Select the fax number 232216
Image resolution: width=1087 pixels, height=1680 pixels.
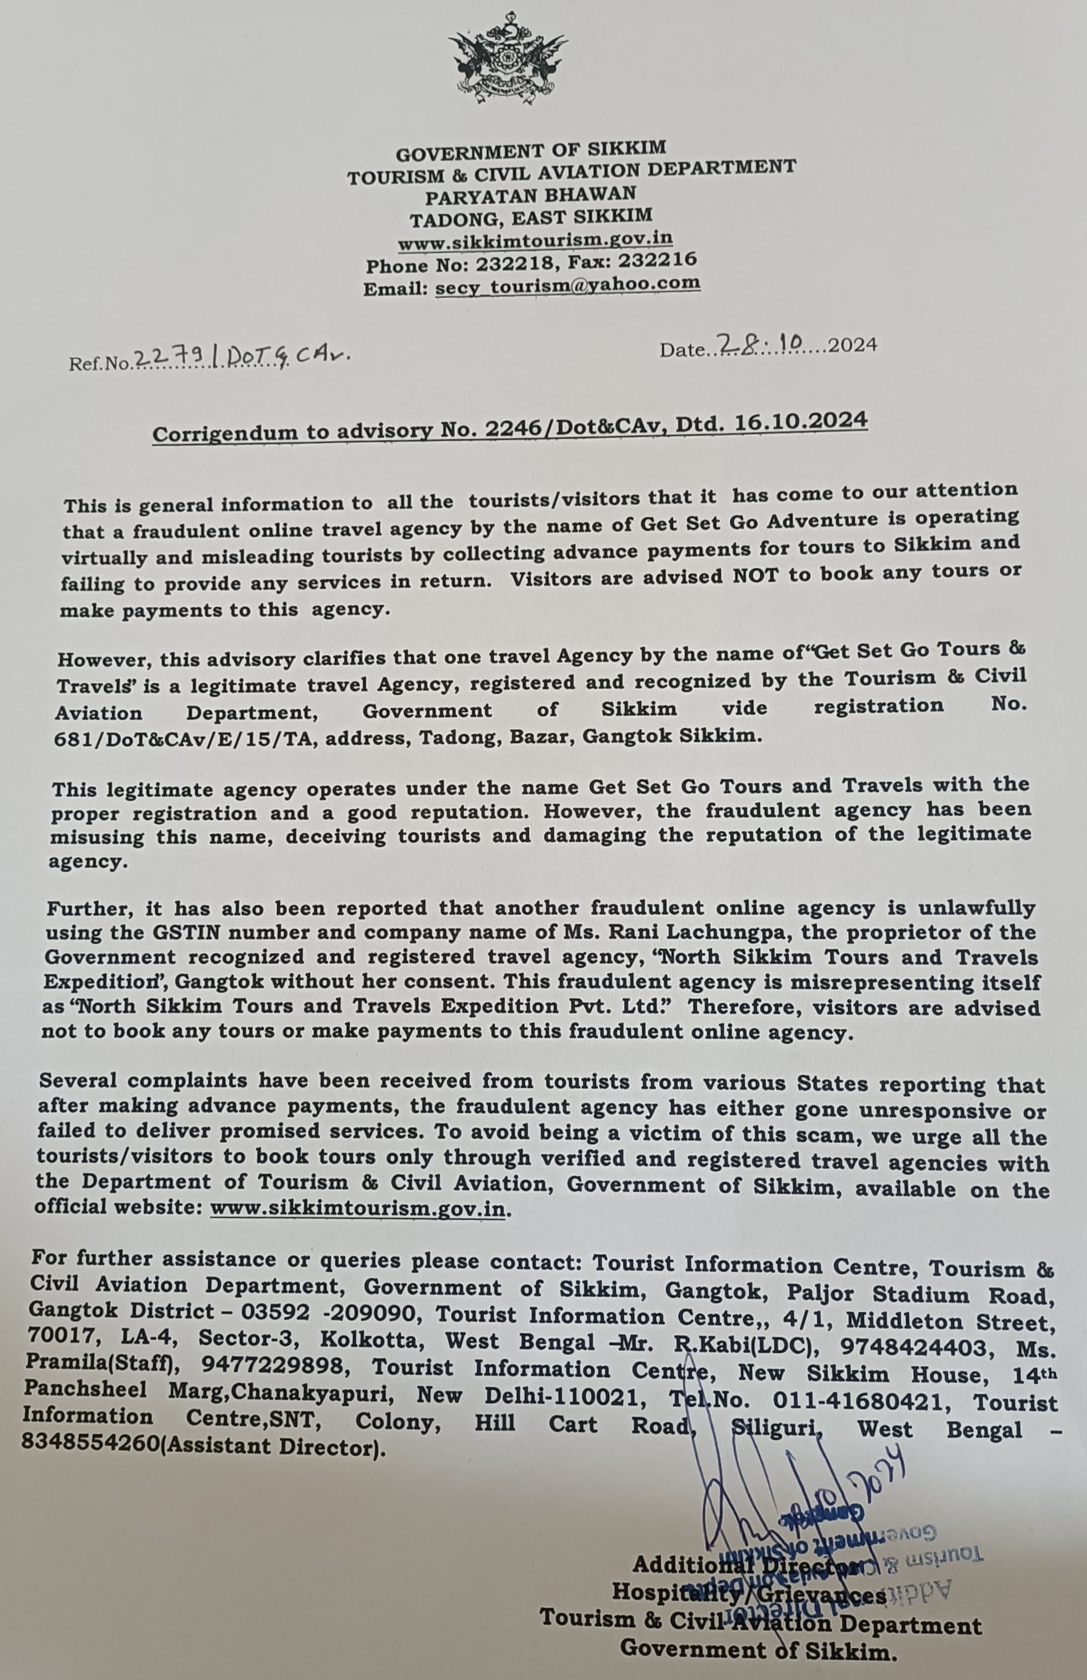[x=658, y=260]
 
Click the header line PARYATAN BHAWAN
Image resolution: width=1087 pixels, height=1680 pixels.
[x=530, y=194]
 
